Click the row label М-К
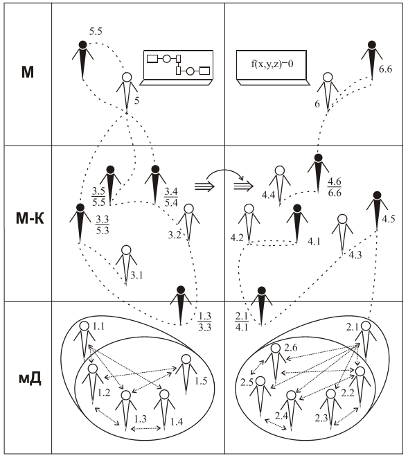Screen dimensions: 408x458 [30, 218]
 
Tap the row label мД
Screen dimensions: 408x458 [30, 378]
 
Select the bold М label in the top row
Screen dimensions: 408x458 [28, 72]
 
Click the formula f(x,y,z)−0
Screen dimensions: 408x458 [272, 64]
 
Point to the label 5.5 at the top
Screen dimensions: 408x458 [96, 31]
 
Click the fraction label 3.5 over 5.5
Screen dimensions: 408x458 [98, 197]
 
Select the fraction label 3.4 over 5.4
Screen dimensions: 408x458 [171, 197]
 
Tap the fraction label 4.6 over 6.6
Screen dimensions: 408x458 [334, 187]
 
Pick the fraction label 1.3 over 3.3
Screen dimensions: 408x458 [204, 322]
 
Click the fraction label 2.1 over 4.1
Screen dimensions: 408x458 [242, 322]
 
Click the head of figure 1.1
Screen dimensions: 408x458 [85, 326]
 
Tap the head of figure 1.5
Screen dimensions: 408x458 [186, 359]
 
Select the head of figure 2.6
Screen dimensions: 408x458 [276, 349]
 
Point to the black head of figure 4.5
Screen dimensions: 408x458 [377, 195]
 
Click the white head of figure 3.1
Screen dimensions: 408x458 [126, 250]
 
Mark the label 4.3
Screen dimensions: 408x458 [355, 255]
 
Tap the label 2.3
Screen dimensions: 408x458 [321, 419]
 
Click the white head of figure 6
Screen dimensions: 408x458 [328, 78]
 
